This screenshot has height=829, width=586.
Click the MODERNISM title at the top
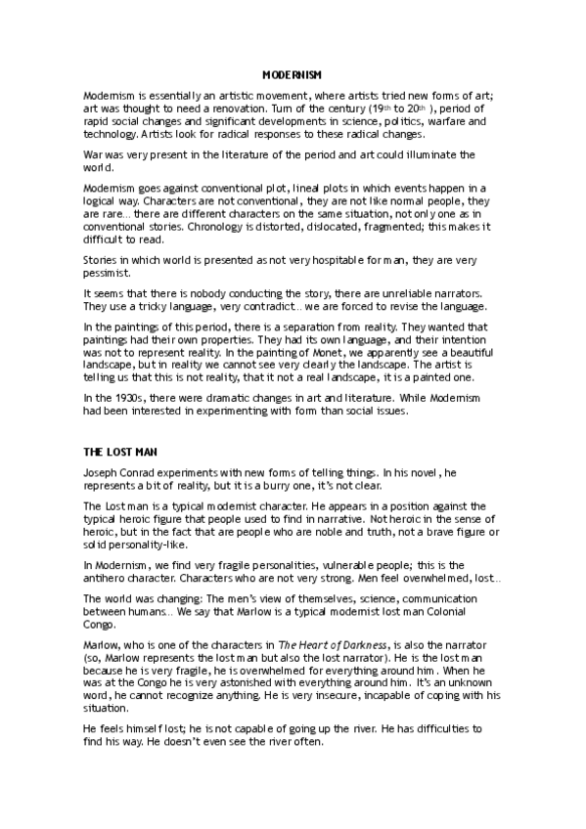click(x=293, y=74)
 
